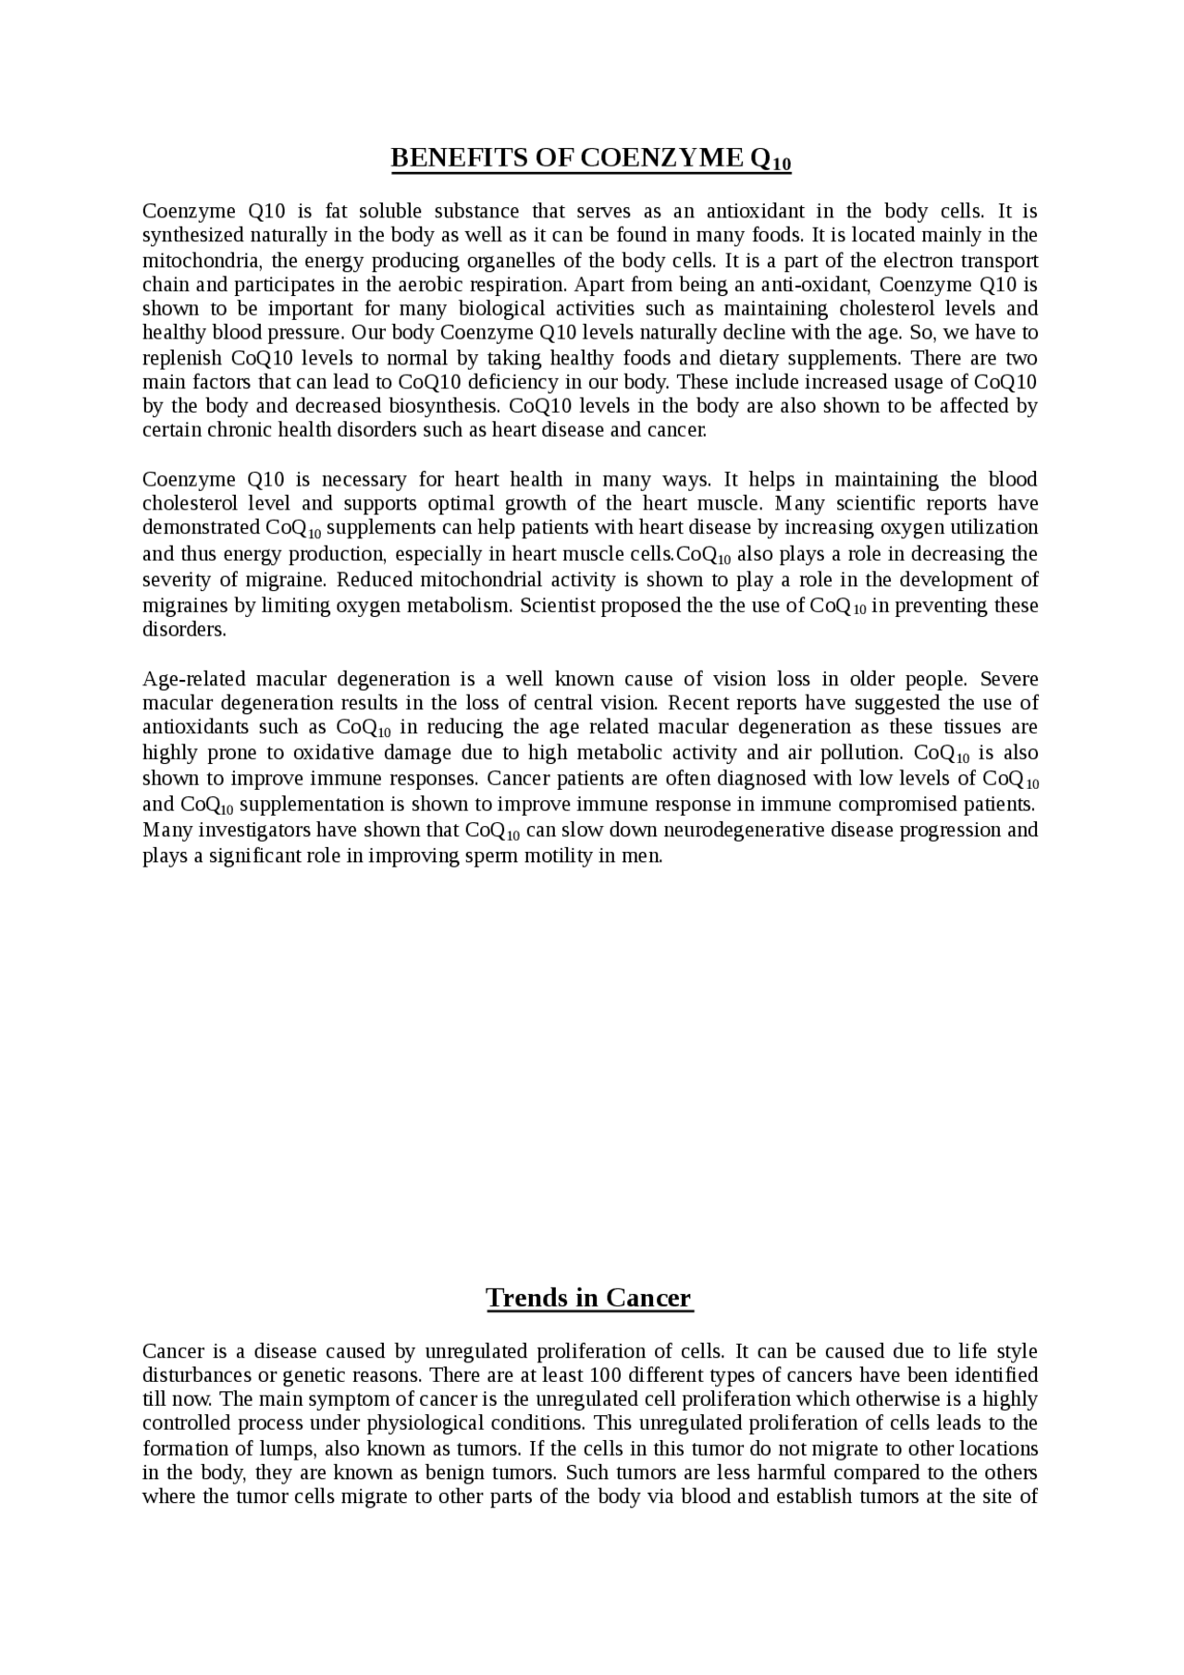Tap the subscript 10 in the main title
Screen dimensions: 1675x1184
(782, 166)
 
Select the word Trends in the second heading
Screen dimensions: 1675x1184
(526, 1298)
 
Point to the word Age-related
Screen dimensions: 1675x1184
(193, 679)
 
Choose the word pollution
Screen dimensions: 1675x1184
(861, 752)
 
